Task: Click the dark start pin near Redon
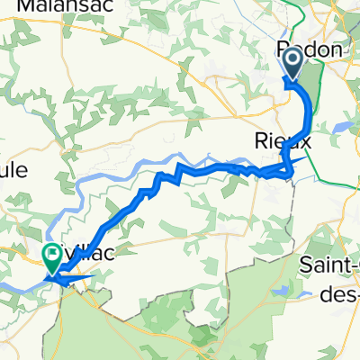pyautogui.click(x=293, y=63)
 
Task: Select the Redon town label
pyautogui.click(x=310, y=50)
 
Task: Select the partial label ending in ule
pyautogui.click(x=13, y=171)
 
